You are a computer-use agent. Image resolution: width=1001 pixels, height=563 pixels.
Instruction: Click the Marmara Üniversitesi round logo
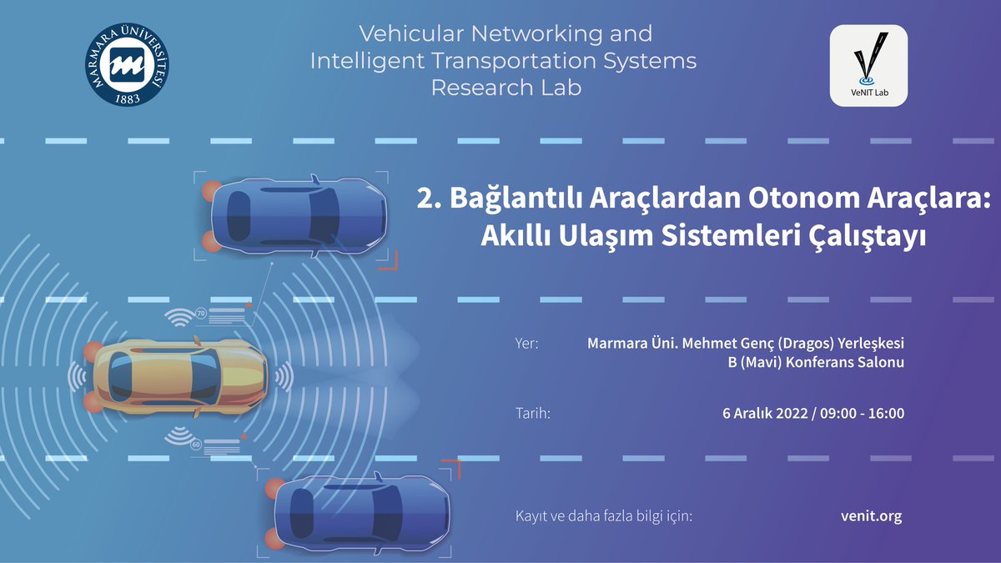(x=127, y=65)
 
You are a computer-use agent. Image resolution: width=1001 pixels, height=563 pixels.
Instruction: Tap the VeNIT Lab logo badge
(x=868, y=65)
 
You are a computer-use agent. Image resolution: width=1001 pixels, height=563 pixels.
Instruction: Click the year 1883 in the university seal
(x=127, y=97)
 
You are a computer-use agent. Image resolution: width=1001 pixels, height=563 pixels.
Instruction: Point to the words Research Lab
(x=506, y=88)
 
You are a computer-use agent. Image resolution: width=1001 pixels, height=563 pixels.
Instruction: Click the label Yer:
(x=527, y=344)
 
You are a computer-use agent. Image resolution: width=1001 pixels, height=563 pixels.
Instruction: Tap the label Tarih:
(x=534, y=413)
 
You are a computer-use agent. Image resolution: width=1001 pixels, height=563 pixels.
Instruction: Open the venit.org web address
(x=872, y=516)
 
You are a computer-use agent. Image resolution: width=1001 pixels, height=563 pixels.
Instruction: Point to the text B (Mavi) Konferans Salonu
(x=816, y=363)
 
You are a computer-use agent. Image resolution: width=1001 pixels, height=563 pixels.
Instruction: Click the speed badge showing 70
(x=200, y=313)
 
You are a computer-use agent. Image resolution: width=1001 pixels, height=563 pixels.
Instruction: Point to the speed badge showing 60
(x=196, y=445)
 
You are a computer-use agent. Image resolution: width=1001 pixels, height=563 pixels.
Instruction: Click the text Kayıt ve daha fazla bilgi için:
(x=604, y=516)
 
